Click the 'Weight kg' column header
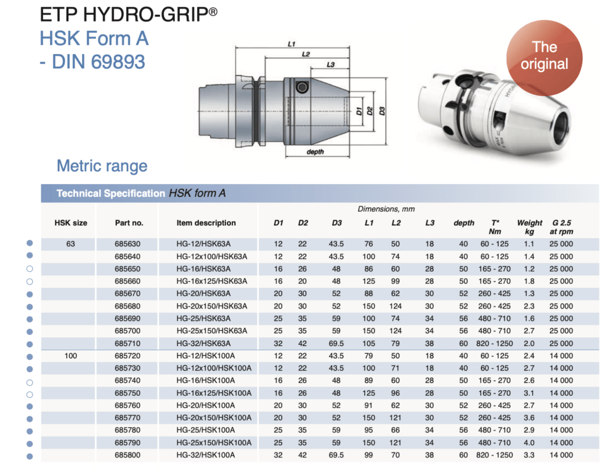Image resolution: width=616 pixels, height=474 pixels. pos(529,227)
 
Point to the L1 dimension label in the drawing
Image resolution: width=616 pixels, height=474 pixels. pos(292,44)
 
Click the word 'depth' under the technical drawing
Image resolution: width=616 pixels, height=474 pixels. pos(315,151)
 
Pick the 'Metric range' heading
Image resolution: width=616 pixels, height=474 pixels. pos(102,166)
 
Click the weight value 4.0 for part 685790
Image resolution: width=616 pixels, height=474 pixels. pos(529,443)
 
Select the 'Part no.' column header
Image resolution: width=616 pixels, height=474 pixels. pos(129,223)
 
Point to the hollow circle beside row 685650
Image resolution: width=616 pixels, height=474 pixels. pos(29,268)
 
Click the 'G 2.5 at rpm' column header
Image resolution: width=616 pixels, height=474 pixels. pos(562,227)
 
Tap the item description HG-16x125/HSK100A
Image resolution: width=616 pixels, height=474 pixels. pos(213,393)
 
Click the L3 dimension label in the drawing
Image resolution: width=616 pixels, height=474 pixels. pos(330,65)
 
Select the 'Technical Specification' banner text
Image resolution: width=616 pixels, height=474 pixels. pos(111,193)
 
